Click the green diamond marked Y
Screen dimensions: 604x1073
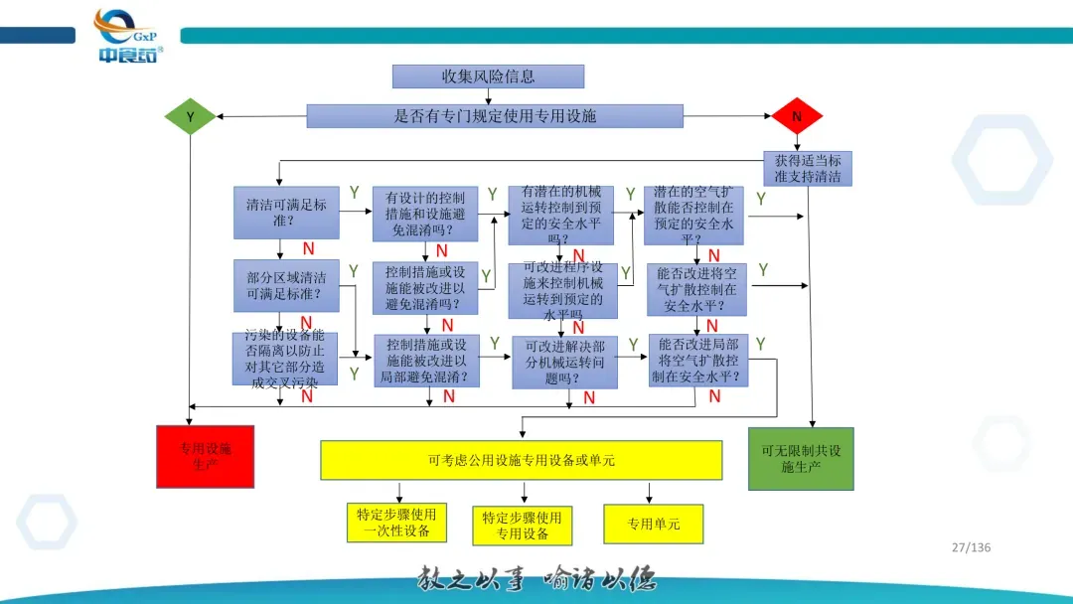pyautogui.click(x=190, y=117)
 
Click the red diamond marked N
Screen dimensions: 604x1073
pyautogui.click(x=797, y=117)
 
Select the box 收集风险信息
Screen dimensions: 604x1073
pyautogui.click(x=488, y=76)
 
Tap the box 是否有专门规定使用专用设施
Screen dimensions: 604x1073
pyautogui.click(x=495, y=116)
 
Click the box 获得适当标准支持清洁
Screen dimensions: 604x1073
pyautogui.click(x=807, y=168)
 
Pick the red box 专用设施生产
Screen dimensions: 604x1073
pyautogui.click(x=205, y=456)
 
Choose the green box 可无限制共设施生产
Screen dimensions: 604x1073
pyautogui.click(x=801, y=458)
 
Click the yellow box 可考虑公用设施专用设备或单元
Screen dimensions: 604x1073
pyautogui.click(x=521, y=460)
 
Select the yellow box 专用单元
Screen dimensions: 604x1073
pyautogui.click(x=653, y=524)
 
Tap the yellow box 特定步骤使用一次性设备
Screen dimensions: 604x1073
pyautogui.click(x=396, y=523)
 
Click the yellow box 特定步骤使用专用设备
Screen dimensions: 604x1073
pyautogui.click(x=523, y=526)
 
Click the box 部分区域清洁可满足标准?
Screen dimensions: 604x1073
pyautogui.click(x=286, y=286)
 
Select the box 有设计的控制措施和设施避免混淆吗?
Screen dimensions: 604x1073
pyautogui.click(x=424, y=214)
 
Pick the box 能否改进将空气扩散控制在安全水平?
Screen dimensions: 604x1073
pyautogui.click(x=696, y=289)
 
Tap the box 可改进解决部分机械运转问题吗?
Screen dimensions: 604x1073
pyautogui.click(x=564, y=363)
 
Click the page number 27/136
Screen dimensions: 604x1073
pyautogui.click(x=971, y=547)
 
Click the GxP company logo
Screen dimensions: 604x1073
pyautogui.click(x=127, y=36)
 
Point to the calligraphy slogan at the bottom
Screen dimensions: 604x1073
pyautogui.click(x=536, y=580)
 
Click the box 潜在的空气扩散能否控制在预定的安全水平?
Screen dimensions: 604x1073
pyautogui.click(x=693, y=215)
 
